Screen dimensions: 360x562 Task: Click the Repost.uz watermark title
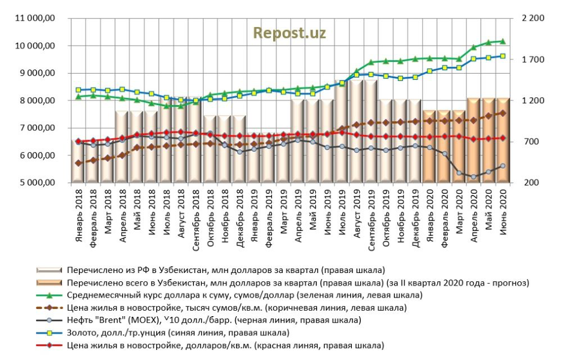(x=289, y=33)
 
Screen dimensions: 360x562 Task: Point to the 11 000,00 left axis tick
(x=37, y=19)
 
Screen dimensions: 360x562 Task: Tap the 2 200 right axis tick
(x=533, y=19)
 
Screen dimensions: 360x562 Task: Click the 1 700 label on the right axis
(x=533, y=60)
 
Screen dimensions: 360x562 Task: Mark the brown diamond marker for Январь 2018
(x=78, y=163)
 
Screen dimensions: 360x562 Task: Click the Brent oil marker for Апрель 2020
(x=474, y=177)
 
